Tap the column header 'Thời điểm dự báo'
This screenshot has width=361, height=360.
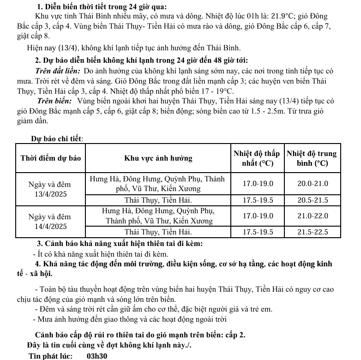click(51, 158)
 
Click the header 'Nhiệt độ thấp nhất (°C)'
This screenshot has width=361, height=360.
click(257, 158)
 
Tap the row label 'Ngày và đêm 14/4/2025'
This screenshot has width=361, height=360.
click(51, 222)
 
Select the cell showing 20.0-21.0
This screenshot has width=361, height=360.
click(313, 183)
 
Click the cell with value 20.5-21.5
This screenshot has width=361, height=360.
click(313, 200)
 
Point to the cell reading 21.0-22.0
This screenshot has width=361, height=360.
click(313, 216)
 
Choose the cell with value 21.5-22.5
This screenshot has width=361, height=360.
click(313, 232)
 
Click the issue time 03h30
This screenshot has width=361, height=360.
click(97, 355)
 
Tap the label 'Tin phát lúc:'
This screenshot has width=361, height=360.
click(50, 355)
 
